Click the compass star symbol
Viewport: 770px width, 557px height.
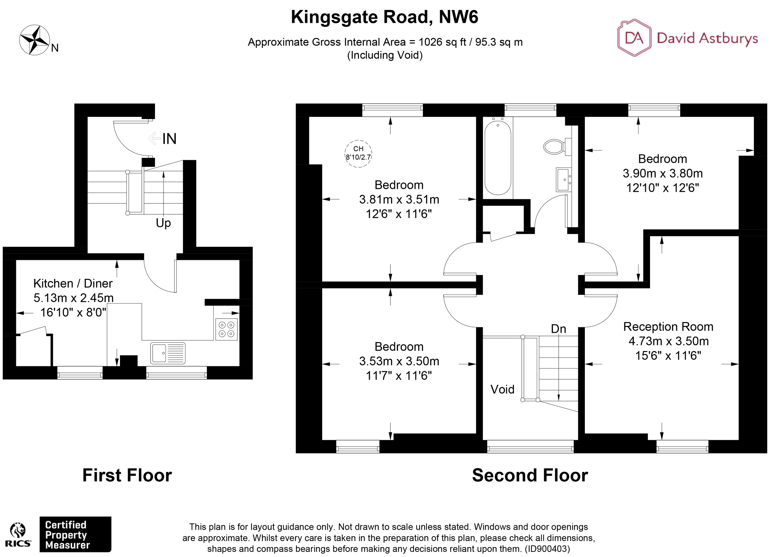34,40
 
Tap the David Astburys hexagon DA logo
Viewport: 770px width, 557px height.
634,38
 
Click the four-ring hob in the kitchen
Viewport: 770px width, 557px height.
227,329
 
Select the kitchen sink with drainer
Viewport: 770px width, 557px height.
168,353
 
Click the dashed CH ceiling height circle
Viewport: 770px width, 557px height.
358,153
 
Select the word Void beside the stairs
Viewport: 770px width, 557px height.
502,389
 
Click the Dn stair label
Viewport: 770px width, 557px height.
558,329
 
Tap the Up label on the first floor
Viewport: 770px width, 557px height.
163,223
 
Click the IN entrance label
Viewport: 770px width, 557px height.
169,139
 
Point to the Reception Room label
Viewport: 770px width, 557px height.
668,327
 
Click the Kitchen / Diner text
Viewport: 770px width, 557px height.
73,283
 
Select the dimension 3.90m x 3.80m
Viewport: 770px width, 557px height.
663,173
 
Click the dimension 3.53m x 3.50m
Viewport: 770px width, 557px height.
399,361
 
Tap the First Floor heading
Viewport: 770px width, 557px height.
127,475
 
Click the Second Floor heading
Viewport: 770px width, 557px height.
530,475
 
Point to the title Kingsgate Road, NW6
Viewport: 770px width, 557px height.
384,17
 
